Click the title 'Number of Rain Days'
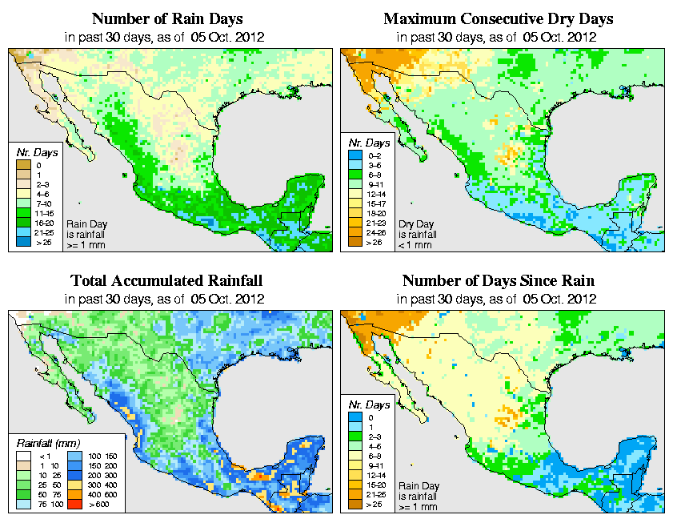coord(166,18)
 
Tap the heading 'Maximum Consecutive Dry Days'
coord(498,18)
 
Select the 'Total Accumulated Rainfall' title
coord(166,281)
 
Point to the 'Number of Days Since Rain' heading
coord(498,281)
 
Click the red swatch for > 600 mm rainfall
coord(72,505)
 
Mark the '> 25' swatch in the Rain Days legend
coord(24,240)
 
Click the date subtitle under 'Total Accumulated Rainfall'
coord(166,299)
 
